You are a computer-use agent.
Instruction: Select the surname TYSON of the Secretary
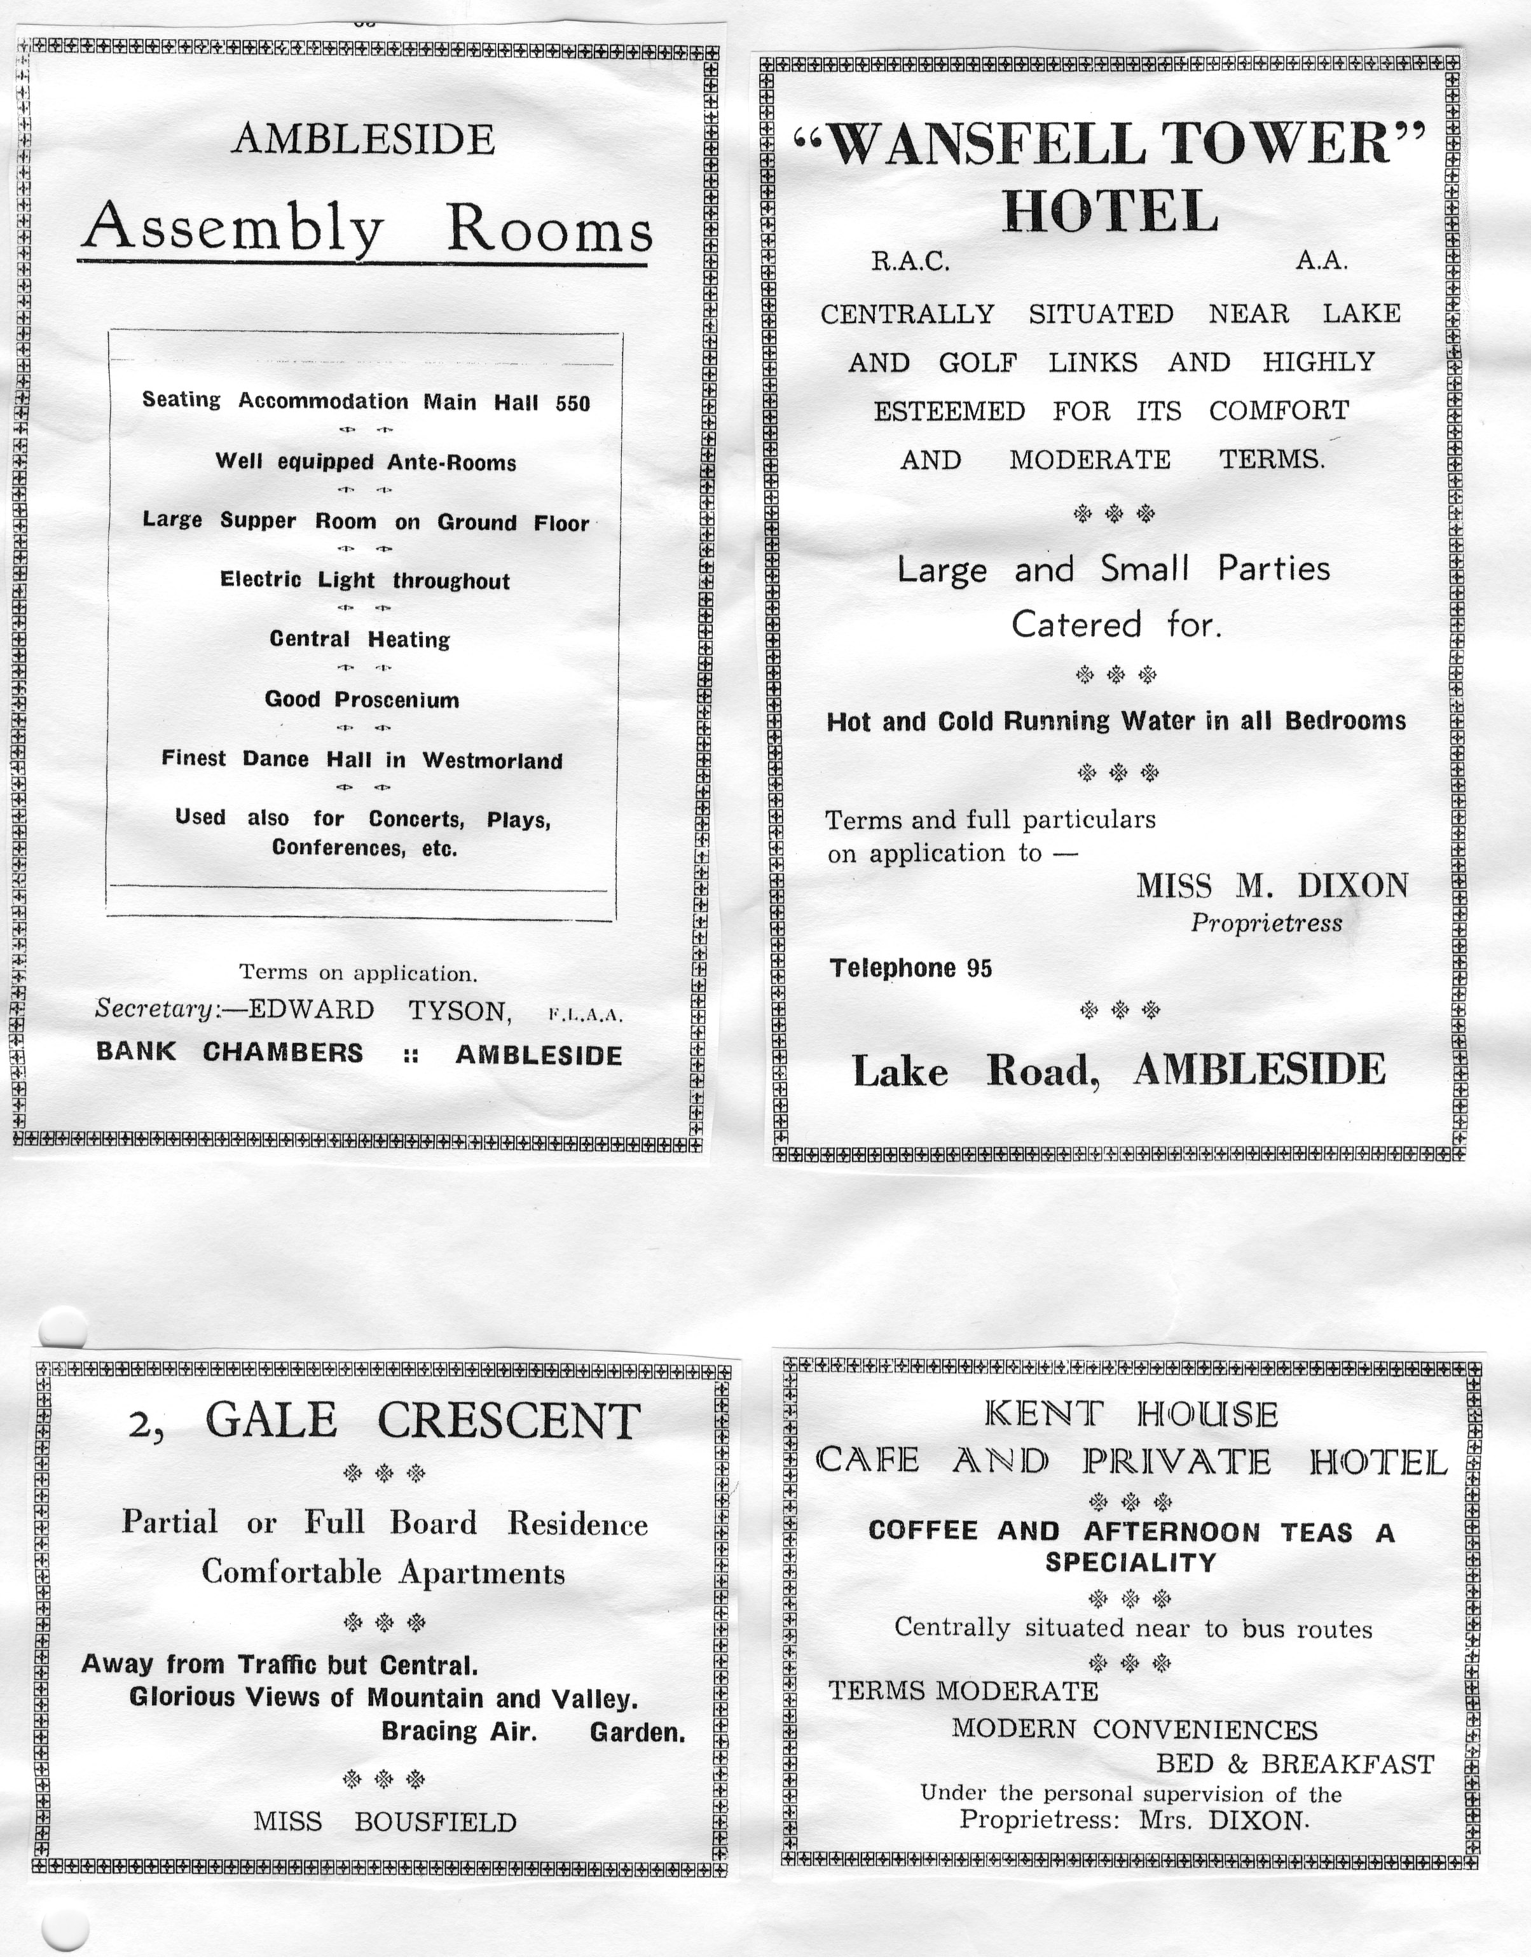(x=460, y=1011)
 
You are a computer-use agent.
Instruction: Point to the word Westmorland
(x=492, y=761)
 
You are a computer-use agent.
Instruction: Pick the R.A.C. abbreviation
(x=910, y=262)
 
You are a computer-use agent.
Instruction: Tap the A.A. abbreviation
(x=1321, y=261)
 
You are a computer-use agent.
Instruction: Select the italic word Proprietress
(x=1266, y=923)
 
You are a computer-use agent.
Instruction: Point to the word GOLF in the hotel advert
(x=977, y=363)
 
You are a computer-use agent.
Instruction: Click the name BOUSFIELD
(x=436, y=1823)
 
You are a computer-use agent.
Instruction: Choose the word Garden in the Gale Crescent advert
(x=637, y=1733)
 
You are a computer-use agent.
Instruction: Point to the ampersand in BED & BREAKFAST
(x=1237, y=1764)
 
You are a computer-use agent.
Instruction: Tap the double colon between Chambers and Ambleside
(x=411, y=1055)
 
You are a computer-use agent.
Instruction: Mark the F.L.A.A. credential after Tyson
(x=584, y=1016)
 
